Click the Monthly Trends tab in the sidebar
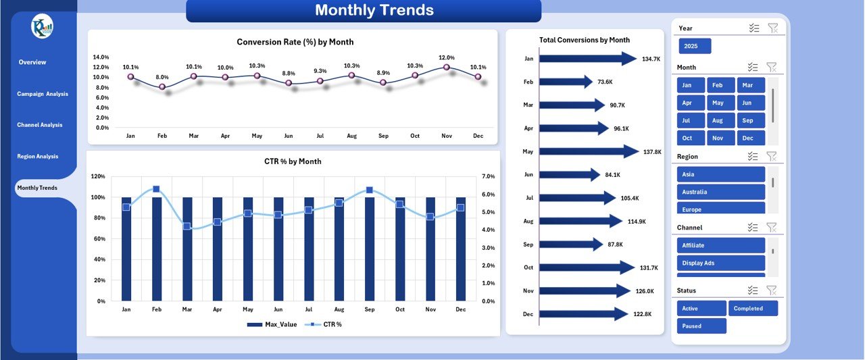[x=37, y=188]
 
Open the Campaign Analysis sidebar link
[x=43, y=94]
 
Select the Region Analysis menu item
[x=38, y=156]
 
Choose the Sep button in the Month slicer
[x=747, y=120]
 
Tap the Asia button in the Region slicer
[x=720, y=174]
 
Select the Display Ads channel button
[x=720, y=263]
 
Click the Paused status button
[x=701, y=326]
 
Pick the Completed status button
[x=753, y=308]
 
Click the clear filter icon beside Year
[x=773, y=28]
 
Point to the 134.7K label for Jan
[x=651, y=59]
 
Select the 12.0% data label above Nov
[x=446, y=58]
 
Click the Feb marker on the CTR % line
[x=156, y=189]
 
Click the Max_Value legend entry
[x=272, y=325]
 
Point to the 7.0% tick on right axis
[x=488, y=176]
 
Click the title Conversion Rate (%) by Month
[x=295, y=42]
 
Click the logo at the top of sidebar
[x=42, y=27]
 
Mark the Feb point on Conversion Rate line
[x=162, y=86]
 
